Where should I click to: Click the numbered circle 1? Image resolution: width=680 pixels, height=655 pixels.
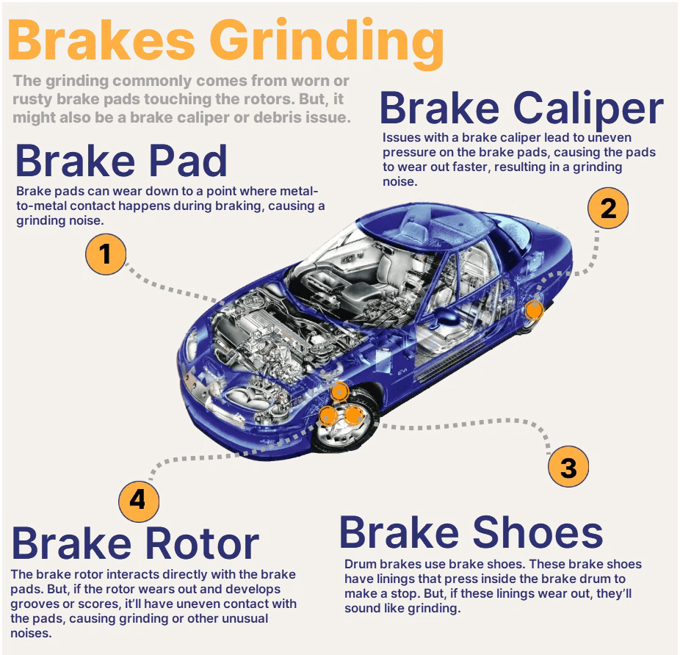[x=106, y=254]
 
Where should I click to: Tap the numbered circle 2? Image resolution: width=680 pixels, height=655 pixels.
[x=608, y=209]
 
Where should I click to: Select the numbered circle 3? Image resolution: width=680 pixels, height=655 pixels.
[x=568, y=467]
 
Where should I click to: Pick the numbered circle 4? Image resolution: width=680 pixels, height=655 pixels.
[x=138, y=501]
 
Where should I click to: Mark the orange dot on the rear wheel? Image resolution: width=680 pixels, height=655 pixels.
[x=534, y=311]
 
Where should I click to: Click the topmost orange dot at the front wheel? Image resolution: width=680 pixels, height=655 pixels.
[x=339, y=391]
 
